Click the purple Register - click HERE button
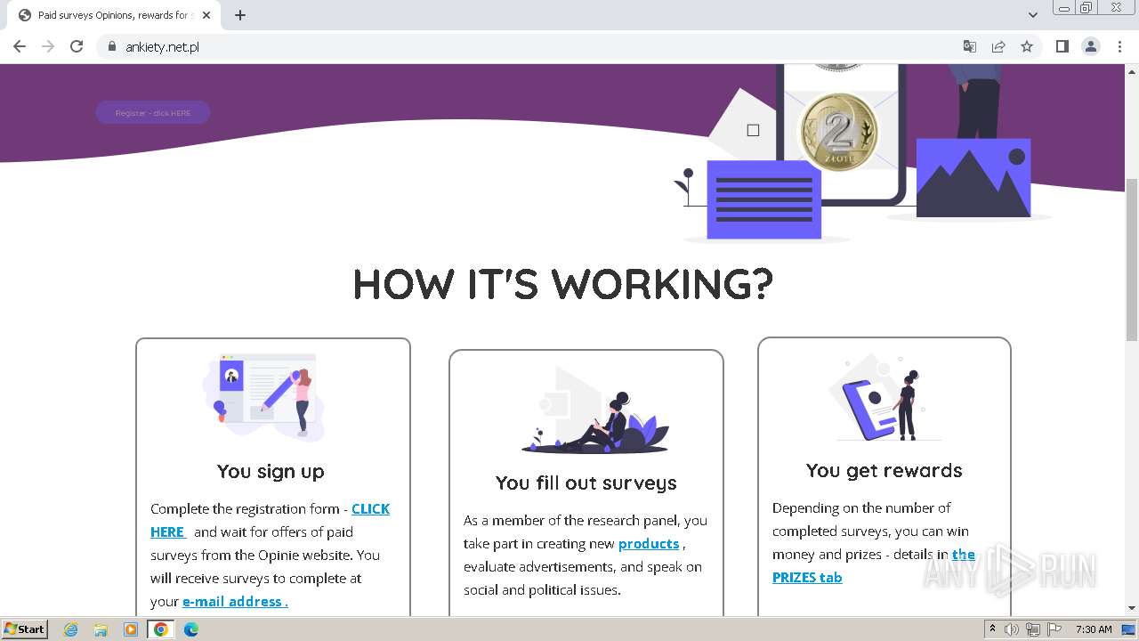pos(153,113)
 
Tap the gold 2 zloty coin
pos(837,132)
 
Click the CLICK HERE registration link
pos(370,509)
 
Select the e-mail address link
pos(234,602)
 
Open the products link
pos(649,544)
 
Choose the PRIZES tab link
pos(807,577)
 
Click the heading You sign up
pos(271,471)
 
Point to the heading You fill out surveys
pos(586,483)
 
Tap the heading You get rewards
pos(884,470)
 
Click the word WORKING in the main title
pos(662,284)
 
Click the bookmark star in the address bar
pos(1027,46)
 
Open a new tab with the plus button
pos(240,15)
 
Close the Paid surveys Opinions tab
pos(206,15)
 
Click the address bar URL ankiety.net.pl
pos(162,47)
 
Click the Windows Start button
pos(24,629)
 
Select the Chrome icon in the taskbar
pos(161,629)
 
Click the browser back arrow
pos(20,46)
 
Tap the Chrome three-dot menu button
pos(1119,46)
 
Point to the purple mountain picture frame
pos(973,177)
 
